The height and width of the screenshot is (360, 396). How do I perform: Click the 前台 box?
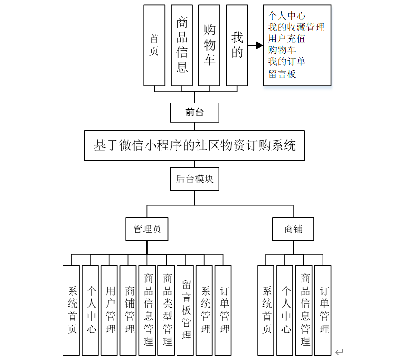194,113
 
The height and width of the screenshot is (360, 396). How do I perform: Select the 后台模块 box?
194,179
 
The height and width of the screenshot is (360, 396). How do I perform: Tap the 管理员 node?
147,229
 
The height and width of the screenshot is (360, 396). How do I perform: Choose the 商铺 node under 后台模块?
293,229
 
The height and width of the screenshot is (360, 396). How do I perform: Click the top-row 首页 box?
154,45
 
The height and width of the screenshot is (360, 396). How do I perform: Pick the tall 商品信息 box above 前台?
182,45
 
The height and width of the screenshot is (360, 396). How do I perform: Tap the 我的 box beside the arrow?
237,45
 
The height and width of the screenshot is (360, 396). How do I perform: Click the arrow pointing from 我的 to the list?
256,46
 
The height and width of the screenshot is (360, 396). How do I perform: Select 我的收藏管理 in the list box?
296,27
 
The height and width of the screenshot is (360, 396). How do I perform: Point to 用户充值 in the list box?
286,39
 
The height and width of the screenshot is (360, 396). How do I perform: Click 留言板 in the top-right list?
282,74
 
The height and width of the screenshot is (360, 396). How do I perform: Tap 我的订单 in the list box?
286,62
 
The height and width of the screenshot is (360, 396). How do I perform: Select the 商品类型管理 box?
167,310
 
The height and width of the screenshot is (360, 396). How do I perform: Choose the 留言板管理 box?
187,310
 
